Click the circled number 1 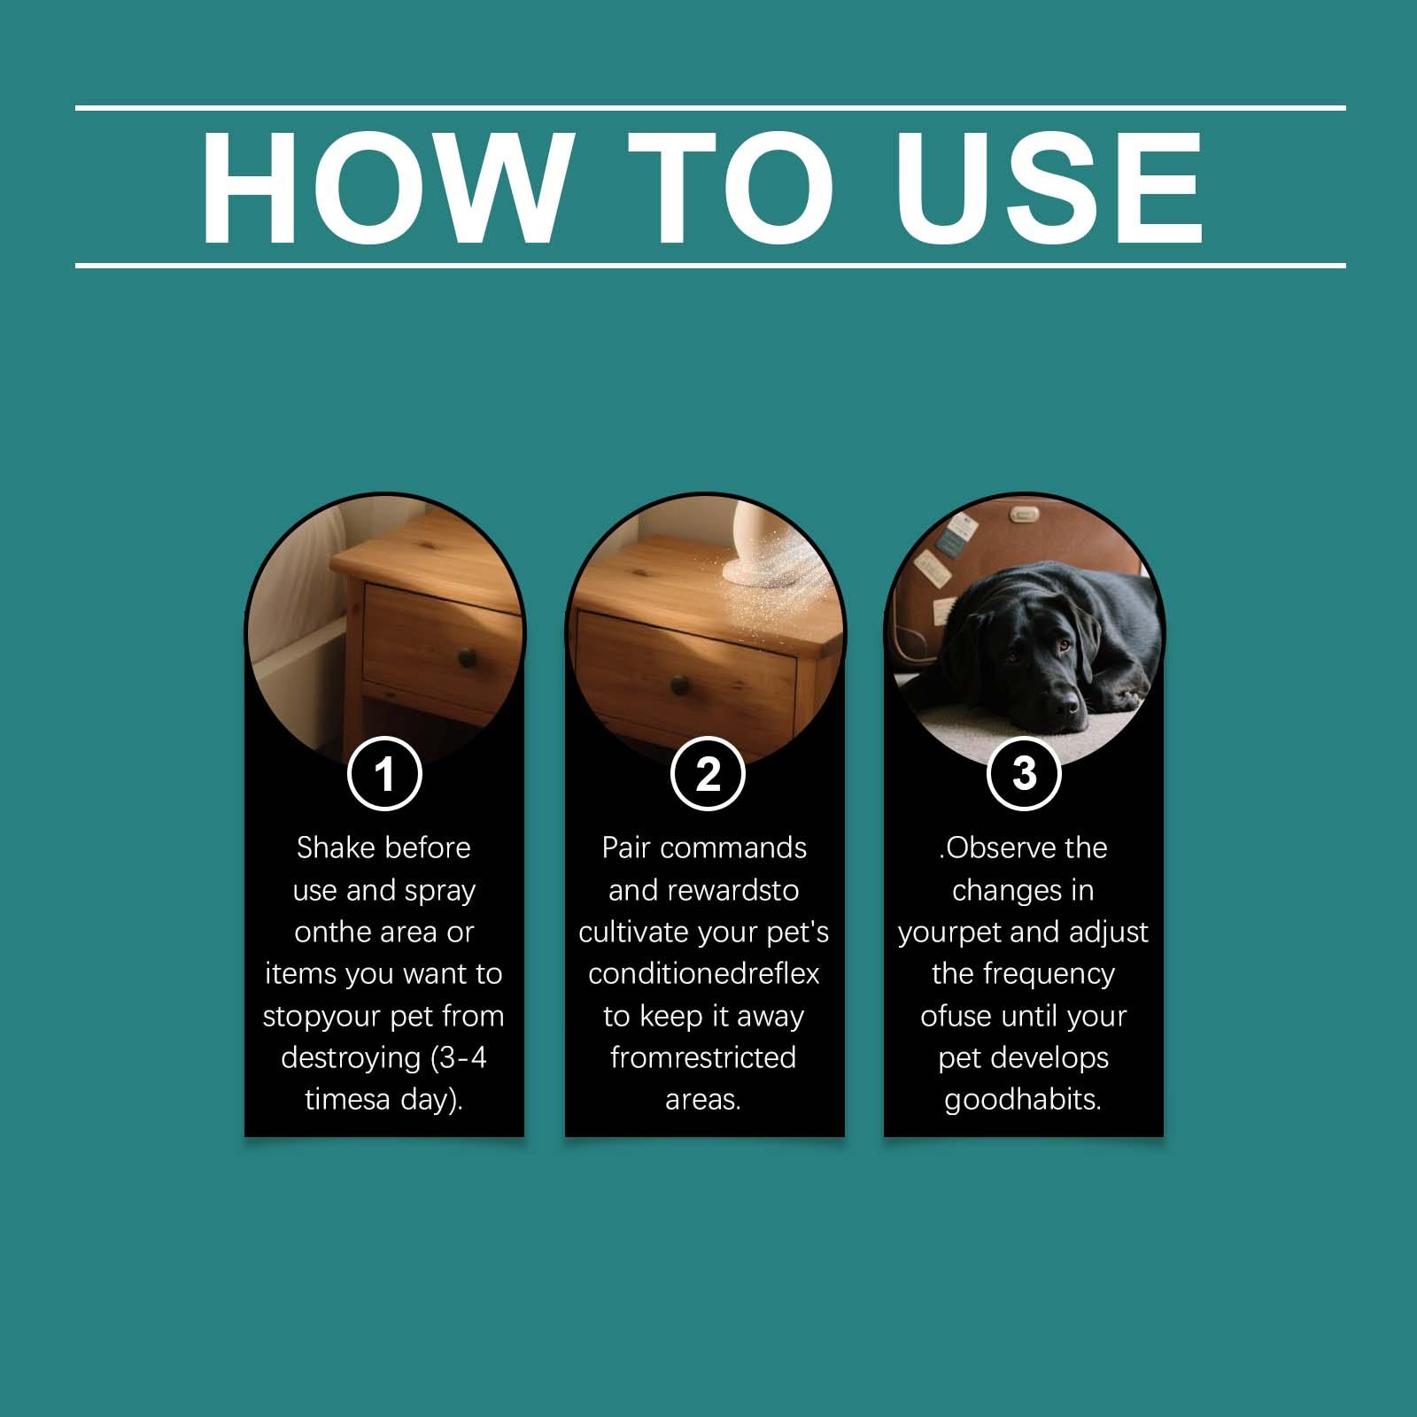click(384, 773)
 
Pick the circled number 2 click(708, 773)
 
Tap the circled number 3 click(1024, 772)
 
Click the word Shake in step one click(336, 848)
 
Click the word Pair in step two click(626, 848)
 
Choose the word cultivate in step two click(633, 932)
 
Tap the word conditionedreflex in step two click(704, 973)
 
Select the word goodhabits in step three click(1022, 1101)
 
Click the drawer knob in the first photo click(467, 657)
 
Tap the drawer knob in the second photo click(679, 685)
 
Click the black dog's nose click(1066, 705)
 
